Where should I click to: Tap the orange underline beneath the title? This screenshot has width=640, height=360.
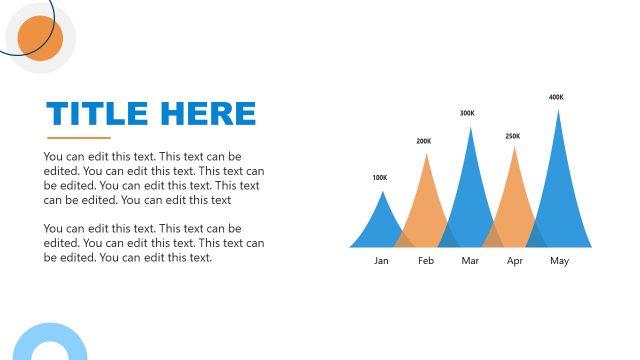point(79,137)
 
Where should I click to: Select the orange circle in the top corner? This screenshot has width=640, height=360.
point(40,38)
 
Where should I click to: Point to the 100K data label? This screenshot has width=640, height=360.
point(379,178)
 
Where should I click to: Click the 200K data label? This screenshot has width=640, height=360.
point(424,141)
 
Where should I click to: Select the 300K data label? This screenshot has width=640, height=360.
point(467,113)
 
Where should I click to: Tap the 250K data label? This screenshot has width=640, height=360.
point(512,136)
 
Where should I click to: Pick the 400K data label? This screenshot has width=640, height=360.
point(556,97)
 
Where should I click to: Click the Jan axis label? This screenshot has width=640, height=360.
point(381,261)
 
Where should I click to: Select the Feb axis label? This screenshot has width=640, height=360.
point(426,261)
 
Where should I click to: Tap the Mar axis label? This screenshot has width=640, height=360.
point(470,261)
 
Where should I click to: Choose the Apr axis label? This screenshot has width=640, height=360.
point(515,261)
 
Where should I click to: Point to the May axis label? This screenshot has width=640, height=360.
point(559,261)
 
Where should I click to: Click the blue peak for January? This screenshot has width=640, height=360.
point(380,225)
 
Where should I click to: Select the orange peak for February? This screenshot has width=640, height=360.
point(427,205)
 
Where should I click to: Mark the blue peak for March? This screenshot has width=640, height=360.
point(470,195)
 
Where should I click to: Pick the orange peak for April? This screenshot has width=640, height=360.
point(515,200)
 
